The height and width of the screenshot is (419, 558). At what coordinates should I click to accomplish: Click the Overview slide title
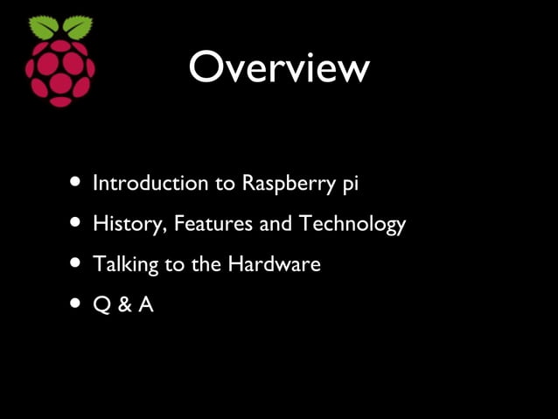tap(279, 67)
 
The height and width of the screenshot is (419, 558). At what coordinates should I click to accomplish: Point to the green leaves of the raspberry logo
tap(60, 27)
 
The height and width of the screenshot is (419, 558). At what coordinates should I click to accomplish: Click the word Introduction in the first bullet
tap(145, 184)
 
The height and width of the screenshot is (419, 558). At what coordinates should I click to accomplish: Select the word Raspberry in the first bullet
tap(286, 185)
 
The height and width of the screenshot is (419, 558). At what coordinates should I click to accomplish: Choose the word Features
tap(213, 224)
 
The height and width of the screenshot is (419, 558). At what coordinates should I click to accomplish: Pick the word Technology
tap(352, 225)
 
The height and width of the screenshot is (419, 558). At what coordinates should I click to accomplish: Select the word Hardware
tap(275, 263)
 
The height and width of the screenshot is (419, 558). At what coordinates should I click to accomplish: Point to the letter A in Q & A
tap(144, 305)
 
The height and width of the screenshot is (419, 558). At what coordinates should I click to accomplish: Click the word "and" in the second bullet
tap(276, 224)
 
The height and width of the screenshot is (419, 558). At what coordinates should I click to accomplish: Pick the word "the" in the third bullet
tap(206, 263)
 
